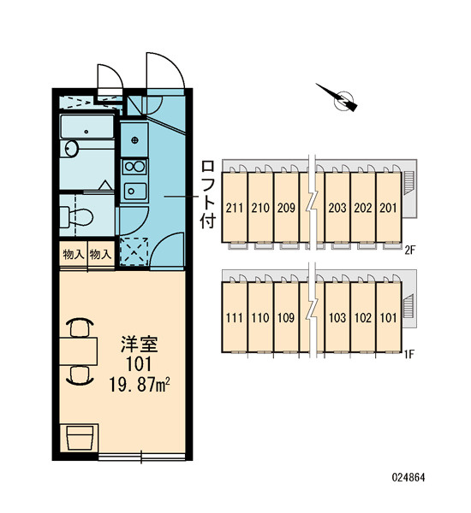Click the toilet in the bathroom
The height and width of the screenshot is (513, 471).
pyautogui.click(x=76, y=216)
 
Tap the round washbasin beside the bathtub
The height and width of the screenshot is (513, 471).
pyautogui.click(x=71, y=149)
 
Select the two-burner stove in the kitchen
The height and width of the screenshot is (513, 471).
pyautogui.click(x=134, y=167)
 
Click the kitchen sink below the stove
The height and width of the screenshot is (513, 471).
pyautogui.click(x=134, y=191)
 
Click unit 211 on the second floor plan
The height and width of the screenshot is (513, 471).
pyautogui.click(x=235, y=208)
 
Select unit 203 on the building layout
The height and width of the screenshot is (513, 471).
pyautogui.click(x=337, y=208)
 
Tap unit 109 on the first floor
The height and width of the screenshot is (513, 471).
pyautogui.click(x=286, y=318)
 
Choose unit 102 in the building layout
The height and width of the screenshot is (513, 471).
pyautogui.click(x=363, y=318)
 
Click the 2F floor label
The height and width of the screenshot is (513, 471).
pyautogui.click(x=409, y=251)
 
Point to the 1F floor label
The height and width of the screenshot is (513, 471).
pyautogui.click(x=409, y=354)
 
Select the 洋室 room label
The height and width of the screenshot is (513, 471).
pyautogui.click(x=140, y=345)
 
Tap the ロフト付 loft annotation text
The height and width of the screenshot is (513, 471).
pyautogui.click(x=208, y=194)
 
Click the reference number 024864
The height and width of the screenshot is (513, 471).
pyautogui.click(x=408, y=477)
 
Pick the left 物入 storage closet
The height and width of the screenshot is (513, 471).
pyautogui.click(x=74, y=254)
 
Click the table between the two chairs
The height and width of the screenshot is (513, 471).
pyautogui.click(x=78, y=351)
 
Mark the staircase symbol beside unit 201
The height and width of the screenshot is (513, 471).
pyautogui.click(x=408, y=183)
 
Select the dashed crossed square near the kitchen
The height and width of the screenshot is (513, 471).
pyautogui.click(x=134, y=252)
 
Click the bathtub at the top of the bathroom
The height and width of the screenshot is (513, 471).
pyautogui.click(x=87, y=127)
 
